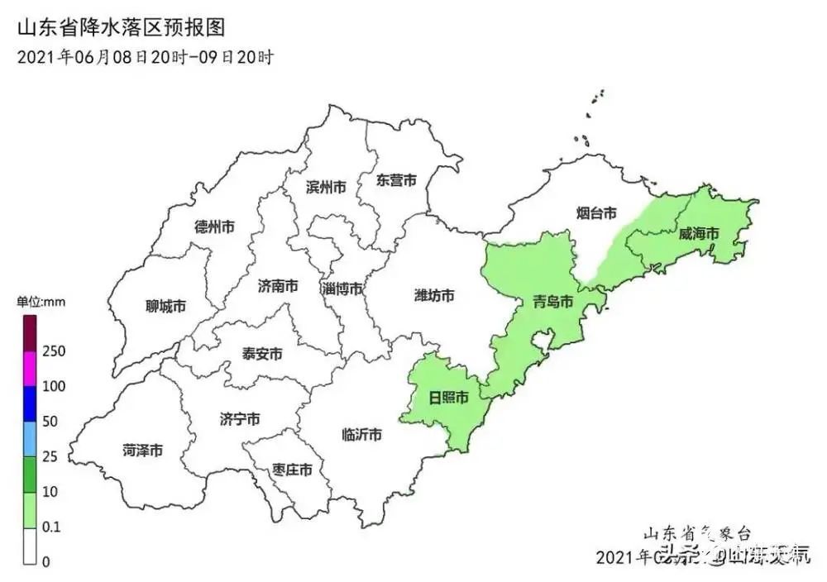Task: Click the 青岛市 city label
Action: point(552,302)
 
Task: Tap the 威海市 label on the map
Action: point(699,234)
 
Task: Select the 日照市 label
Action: point(448,398)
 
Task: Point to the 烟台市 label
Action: point(596,213)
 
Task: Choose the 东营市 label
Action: point(395,180)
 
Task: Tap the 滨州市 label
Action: point(325,187)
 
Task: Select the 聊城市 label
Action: point(165,307)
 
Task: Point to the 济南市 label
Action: point(278,287)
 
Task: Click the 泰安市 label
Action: point(262,354)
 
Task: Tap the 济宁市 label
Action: point(240,420)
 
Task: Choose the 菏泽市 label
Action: point(142,451)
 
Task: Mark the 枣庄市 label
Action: point(292,470)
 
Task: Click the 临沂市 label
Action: point(361,435)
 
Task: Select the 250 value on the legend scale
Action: point(54,351)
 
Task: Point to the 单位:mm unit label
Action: point(41,302)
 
